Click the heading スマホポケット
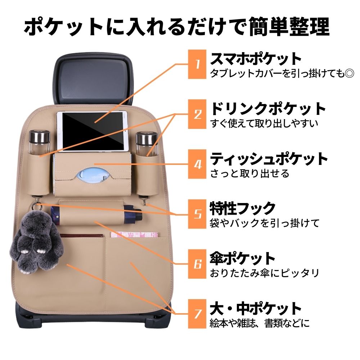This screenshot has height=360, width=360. click(x=256, y=59)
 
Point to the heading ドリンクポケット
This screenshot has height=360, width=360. click(x=268, y=108)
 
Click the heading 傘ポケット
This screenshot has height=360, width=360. click(x=243, y=258)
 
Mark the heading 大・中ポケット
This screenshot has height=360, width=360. click(x=256, y=308)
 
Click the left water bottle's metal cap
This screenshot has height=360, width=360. click(x=37, y=137)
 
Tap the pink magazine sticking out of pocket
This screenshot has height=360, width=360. click(x=134, y=234)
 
